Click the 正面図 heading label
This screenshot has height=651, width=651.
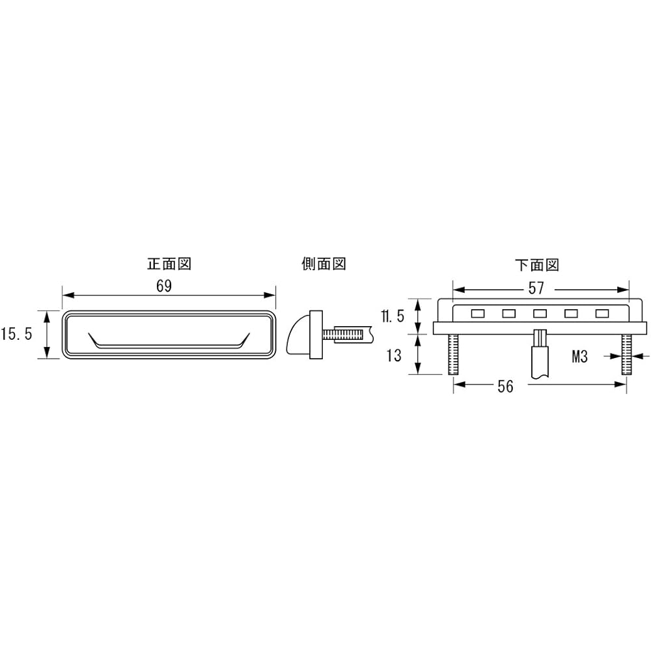pyautogui.click(x=169, y=264)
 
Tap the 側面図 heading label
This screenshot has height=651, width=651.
pyautogui.click(x=324, y=264)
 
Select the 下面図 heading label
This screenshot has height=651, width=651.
pyautogui.click(x=537, y=264)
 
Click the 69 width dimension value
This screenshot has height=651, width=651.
pyautogui.click(x=164, y=286)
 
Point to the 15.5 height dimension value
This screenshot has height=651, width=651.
pyautogui.click(x=17, y=334)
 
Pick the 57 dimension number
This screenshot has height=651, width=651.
pyautogui.click(x=536, y=288)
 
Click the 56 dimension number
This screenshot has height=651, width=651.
pyautogui.click(x=505, y=387)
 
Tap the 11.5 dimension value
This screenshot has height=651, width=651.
pyautogui.click(x=393, y=316)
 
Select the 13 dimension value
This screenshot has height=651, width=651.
pyautogui.click(x=394, y=355)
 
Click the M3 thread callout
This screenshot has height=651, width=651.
pyautogui.click(x=579, y=356)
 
